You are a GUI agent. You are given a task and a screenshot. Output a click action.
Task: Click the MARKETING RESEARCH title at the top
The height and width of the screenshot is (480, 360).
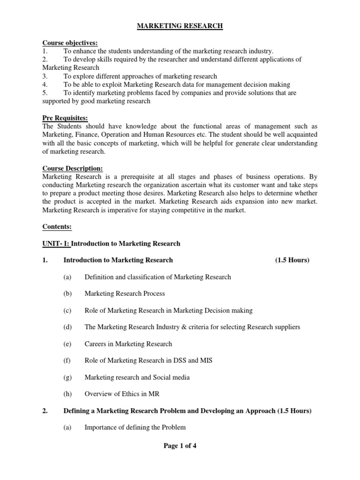pyautogui.click(x=180, y=26)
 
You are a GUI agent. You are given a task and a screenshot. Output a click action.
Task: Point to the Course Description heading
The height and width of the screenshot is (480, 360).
pyautogui.click(x=72, y=169)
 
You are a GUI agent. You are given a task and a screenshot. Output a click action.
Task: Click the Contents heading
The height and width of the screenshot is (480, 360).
pyautogui.click(x=57, y=227)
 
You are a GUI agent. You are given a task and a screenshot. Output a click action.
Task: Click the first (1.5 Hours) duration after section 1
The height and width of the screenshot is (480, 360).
pyautogui.click(x=292, y=260)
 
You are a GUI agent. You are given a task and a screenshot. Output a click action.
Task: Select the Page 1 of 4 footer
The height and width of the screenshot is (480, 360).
pyautogui.click(x=180, y=446)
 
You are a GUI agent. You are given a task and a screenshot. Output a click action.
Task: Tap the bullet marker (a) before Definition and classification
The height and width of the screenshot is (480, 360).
pyautogui.click(x=67, y=277)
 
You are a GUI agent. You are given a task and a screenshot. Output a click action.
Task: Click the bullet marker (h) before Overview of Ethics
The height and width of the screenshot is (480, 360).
pyautogui.click(x=67, y=394)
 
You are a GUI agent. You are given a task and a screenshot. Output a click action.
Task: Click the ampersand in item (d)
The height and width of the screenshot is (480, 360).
pyautogui.click(x=180, y=327)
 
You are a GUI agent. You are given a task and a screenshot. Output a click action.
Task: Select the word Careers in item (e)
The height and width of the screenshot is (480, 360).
pyautogui.click(x=95, y=344)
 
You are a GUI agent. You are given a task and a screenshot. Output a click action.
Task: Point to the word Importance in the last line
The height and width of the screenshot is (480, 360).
pyautogui.click(x=101, y=427)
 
